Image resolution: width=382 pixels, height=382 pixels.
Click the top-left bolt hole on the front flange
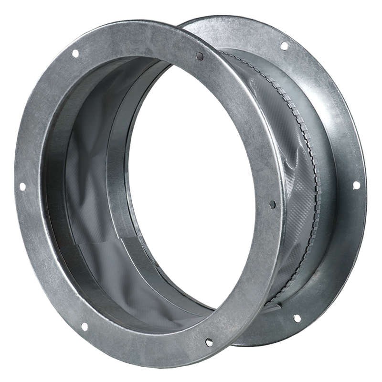[74, 54]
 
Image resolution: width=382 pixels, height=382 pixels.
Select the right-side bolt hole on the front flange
[273, 204]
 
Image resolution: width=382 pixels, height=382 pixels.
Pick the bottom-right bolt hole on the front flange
[209, 342]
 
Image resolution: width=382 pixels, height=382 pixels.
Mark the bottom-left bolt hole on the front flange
[83, 326]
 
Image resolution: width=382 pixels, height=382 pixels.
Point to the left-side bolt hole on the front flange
[21, 188]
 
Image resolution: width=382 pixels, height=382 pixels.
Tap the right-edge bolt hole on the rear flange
[356, 185]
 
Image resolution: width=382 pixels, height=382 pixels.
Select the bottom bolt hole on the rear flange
[297, 317]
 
